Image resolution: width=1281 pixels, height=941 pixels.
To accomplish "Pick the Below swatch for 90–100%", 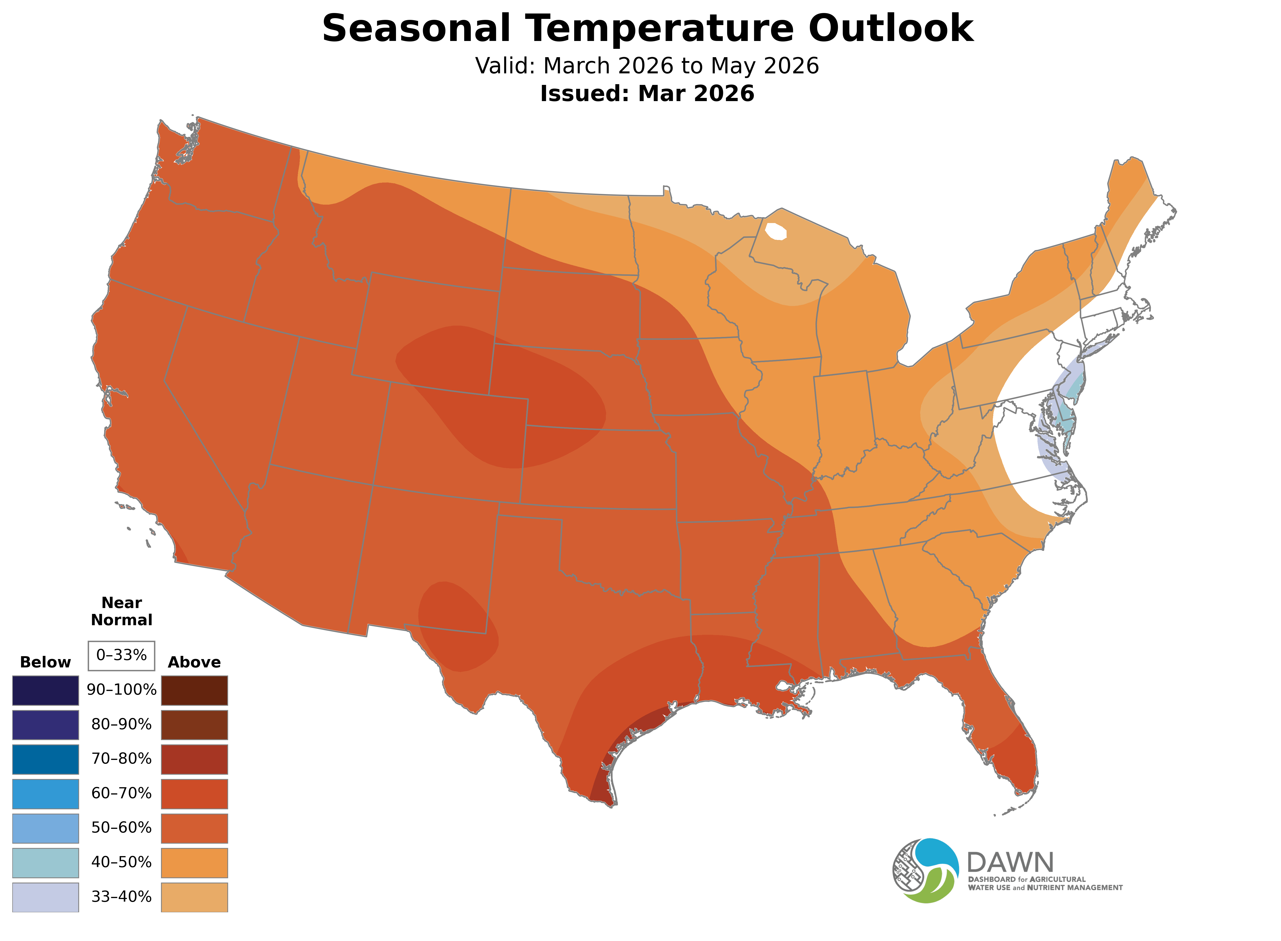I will click(x=46, y=690).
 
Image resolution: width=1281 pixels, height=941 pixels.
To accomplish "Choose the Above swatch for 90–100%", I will click(x=194, y=690).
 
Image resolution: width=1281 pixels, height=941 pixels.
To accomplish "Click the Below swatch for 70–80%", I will click(x=46, y=759).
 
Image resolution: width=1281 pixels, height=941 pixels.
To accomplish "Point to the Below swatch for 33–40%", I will click(x=46, y=897).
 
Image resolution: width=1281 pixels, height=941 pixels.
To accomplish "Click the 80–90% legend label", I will click(x=121, y=725).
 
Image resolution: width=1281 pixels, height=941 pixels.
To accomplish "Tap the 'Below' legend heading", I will click(x=46, y=663).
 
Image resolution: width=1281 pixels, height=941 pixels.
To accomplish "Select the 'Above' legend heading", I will click(x=194, y=663).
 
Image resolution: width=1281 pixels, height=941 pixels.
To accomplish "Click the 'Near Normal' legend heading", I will click(x=121, y=611).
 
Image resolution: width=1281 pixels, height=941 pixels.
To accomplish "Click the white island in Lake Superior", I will click(x=776, y=232).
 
